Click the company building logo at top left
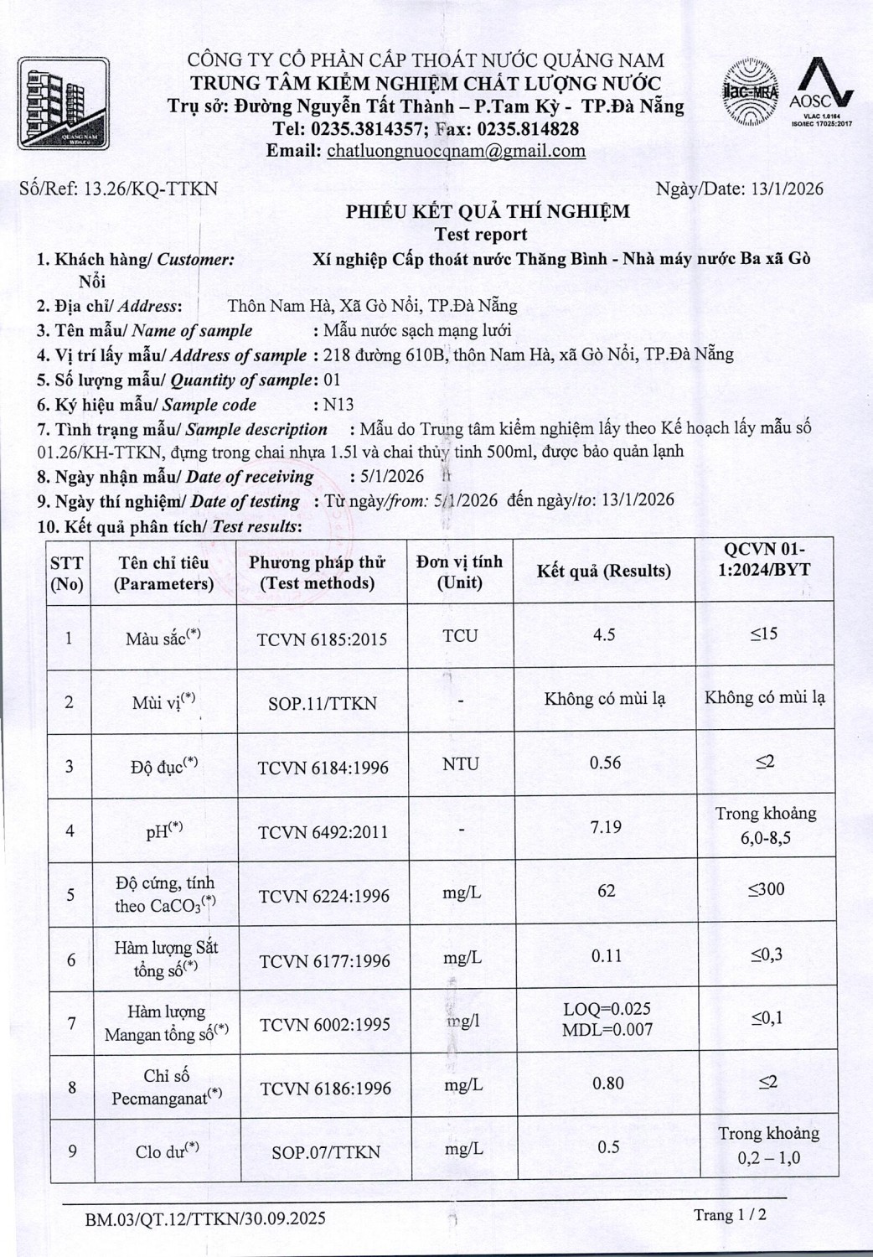pos(64,104)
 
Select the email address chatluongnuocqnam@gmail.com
pos(456,151)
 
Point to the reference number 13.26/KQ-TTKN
pos(151,189)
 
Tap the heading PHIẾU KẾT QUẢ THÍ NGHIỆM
pos(488,211)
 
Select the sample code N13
pos(338,404)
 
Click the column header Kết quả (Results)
pos(603,571)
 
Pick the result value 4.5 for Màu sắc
pos(603,634)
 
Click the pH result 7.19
pos(605,827)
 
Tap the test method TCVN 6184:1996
pos(323,768)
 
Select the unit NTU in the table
pos(460,764)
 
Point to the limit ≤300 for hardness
pos(766,889)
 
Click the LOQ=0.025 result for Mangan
pos(607,1009)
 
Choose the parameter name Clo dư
pos(166,1151)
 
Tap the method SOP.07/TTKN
pos(325,1152)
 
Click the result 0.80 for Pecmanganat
pos(607,1083)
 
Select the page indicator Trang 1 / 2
pos(729,1214)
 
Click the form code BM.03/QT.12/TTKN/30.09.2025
pos(205,1218)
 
